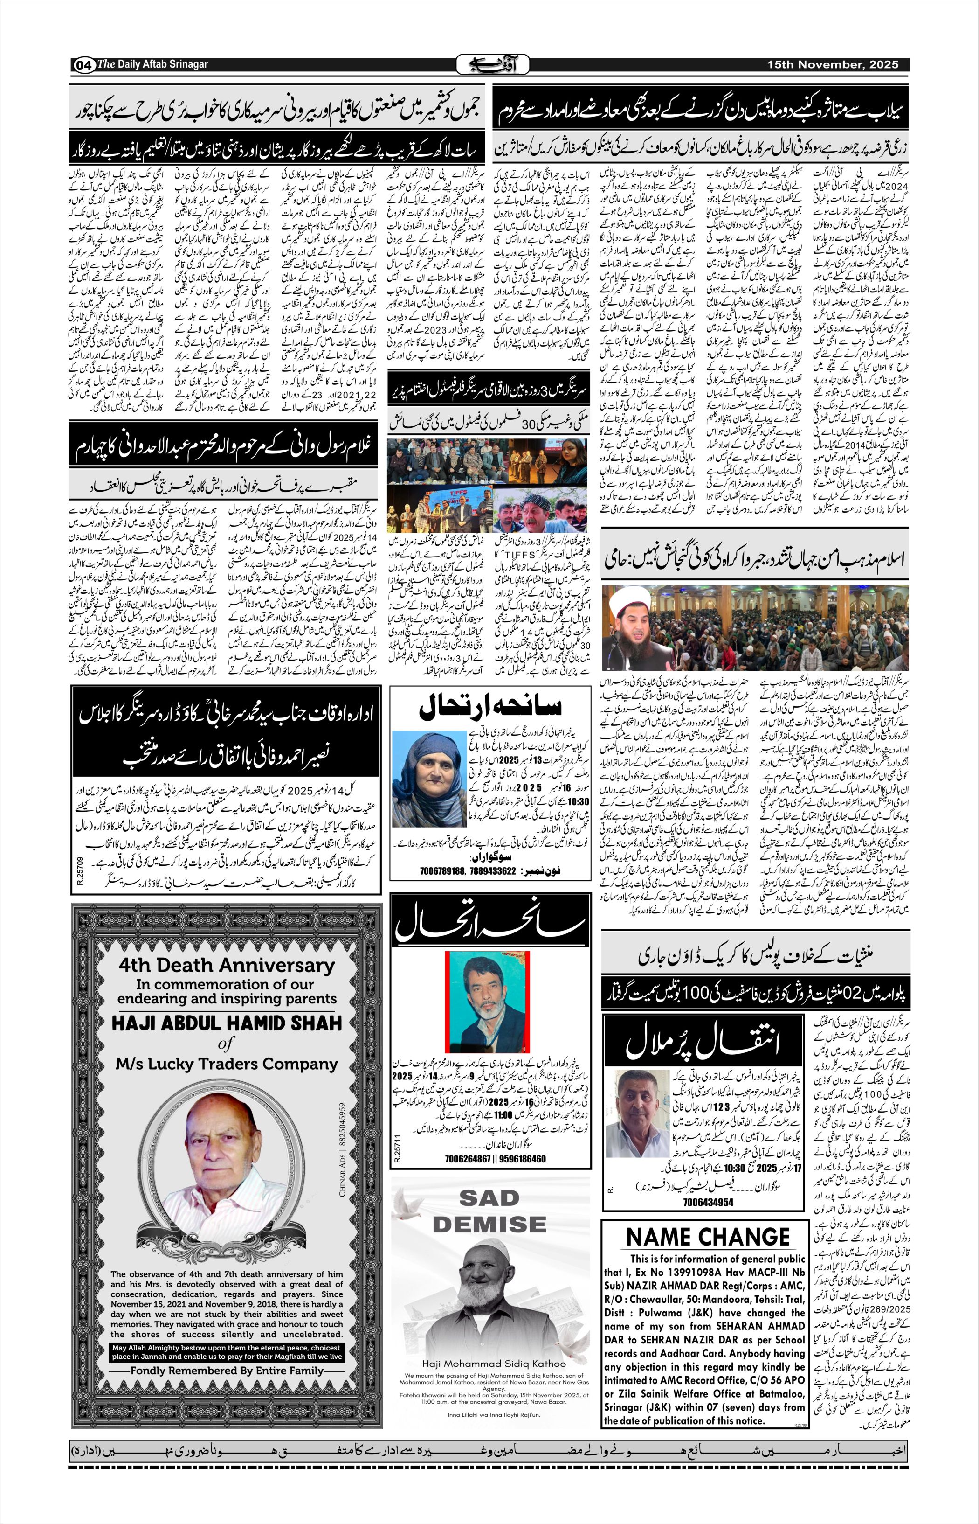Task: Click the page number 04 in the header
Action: (x=84, y=65)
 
